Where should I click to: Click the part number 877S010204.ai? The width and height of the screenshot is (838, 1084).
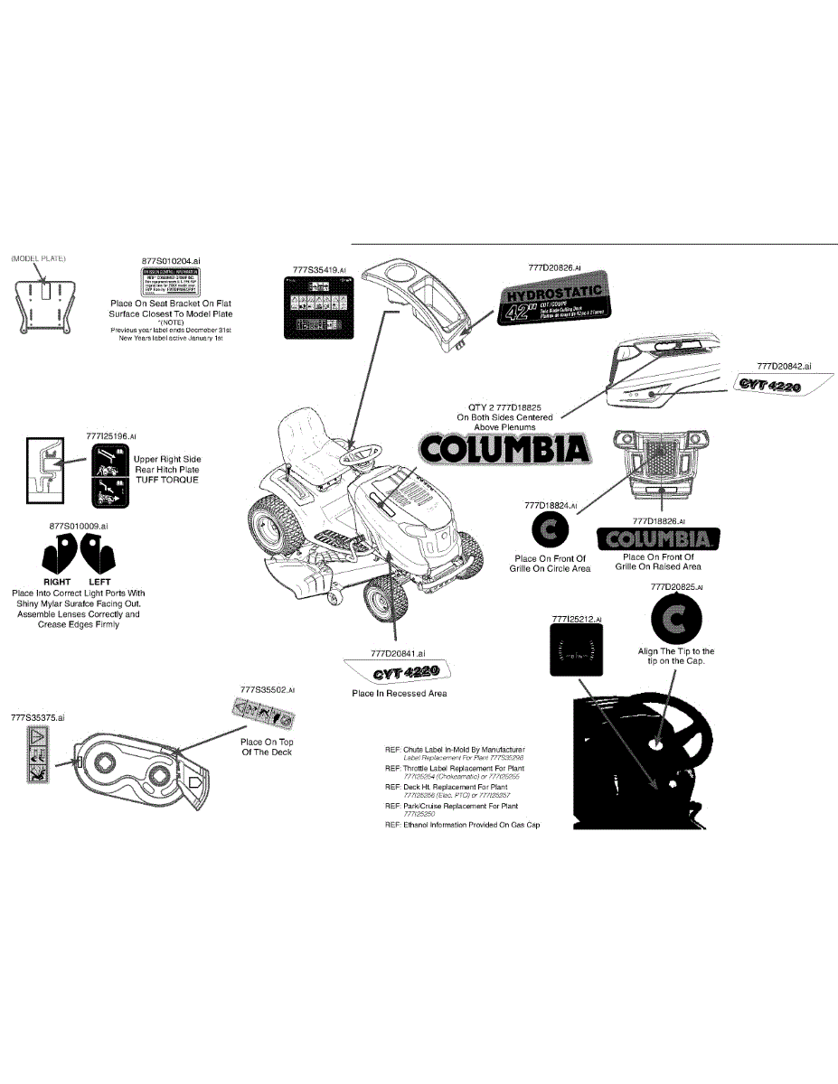[170, 260]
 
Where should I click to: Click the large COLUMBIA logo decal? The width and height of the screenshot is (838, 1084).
[504, 449]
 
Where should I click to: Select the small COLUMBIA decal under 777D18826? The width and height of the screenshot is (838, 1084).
[659, 539]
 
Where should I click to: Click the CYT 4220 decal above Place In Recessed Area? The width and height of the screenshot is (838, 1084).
[398, 672]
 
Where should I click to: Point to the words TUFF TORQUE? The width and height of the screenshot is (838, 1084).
[166, 480]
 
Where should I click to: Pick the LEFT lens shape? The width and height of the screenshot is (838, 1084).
[99, 553]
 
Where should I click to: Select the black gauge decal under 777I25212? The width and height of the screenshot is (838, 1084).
[575, 650]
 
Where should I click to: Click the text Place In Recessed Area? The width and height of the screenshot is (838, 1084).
[399, 694]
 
